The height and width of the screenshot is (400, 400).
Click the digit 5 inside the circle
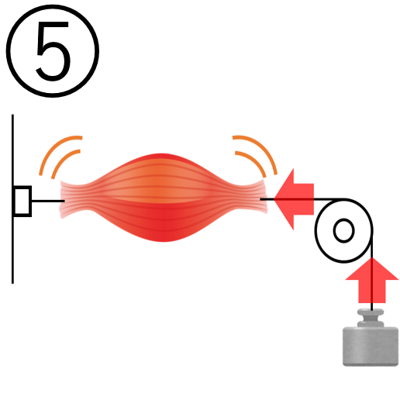coord(53,51)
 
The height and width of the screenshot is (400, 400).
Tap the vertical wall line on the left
coord(12,199)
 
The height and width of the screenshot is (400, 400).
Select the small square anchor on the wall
coord(22,201)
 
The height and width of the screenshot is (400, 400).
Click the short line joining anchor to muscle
coord(48,201)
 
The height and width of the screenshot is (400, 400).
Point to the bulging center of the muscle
coord(163,198)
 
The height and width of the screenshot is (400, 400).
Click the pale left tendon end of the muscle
coord(67,199)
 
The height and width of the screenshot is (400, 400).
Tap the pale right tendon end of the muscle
coord(260,197)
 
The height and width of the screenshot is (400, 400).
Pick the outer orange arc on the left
coord(54,148)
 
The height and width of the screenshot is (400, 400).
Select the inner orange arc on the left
coord(63,160)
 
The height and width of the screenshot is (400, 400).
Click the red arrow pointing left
coord(294,199)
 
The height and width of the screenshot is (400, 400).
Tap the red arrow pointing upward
coord(372,280)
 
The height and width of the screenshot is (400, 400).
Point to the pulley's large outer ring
coord(316,231)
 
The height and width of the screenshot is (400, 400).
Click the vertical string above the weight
coord(372,277)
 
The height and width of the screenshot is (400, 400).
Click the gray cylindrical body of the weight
coord(371,347)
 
